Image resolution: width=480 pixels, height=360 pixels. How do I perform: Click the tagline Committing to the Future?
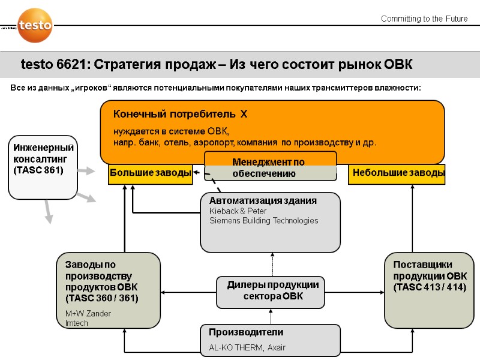coord(424,19)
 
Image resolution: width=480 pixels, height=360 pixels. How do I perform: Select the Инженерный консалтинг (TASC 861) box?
coord(43,167)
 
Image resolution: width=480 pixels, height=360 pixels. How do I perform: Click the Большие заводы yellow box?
coord(150,173)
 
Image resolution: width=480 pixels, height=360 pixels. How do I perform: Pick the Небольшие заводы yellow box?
coord(398,173)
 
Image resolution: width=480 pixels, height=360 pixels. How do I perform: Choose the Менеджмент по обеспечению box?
coord(270,167)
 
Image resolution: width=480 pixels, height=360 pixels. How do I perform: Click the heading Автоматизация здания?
coord(263,200)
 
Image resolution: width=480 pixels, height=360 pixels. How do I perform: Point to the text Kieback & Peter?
coord(238,211)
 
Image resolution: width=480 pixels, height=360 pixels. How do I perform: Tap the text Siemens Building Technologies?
coord(263,221)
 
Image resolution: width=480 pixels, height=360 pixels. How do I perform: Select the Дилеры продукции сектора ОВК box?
coord(271,291)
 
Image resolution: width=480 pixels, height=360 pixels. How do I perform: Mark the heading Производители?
coord(246,332)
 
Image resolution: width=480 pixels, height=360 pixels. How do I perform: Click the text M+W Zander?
coord(88,314)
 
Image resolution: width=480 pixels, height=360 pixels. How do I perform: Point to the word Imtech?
coord(77,323)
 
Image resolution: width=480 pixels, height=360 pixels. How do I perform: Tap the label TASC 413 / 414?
coord(430,287)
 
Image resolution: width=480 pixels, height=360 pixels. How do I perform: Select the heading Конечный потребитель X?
coord(181,114)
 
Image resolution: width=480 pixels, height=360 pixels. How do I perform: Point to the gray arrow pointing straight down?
coord(47,211)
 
